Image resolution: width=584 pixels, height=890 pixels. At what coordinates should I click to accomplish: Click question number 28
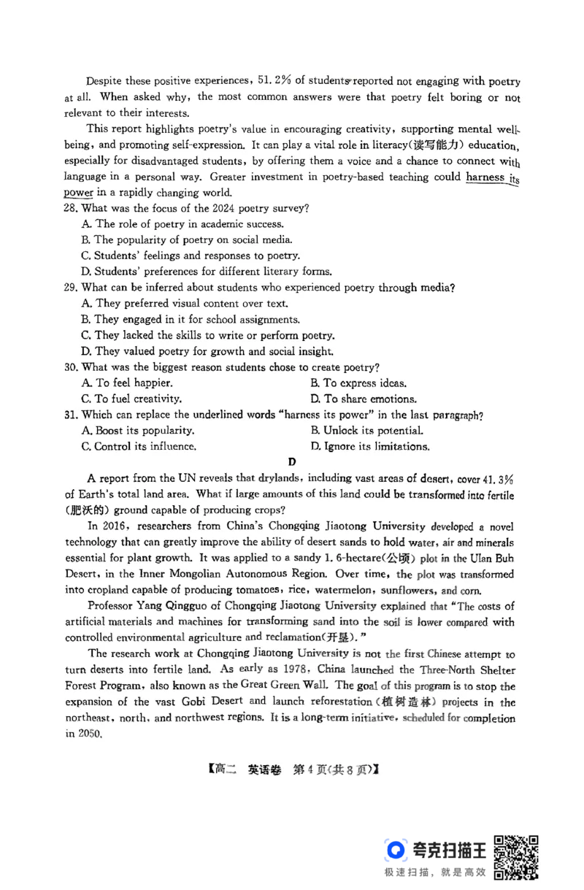71,208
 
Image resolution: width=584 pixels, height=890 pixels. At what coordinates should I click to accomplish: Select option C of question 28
191,256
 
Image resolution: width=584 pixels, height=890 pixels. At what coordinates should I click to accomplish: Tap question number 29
71,288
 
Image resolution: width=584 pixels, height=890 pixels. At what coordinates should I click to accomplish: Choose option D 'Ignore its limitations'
369,447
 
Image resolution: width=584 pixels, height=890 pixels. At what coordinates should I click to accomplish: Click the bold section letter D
292,461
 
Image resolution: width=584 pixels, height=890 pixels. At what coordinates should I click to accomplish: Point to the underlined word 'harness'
485,177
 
